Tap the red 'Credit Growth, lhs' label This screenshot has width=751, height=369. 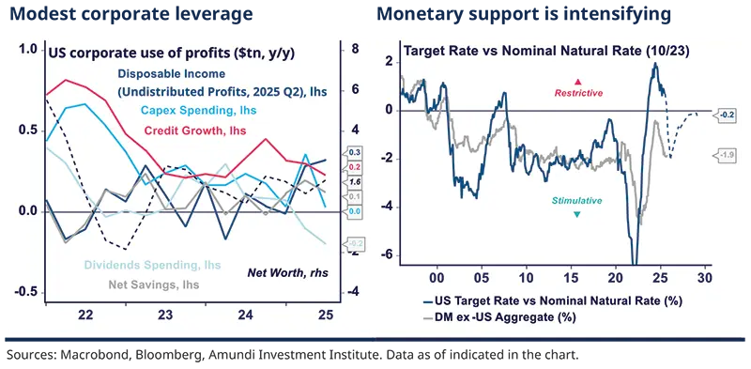coord(194,130)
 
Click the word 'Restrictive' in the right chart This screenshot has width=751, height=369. coord(578,93)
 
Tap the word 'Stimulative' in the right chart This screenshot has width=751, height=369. coord(577,201)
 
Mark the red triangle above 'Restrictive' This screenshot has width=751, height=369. coord(578,82)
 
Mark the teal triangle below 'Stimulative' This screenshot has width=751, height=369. coord(577,214)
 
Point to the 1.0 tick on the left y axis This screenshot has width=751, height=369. coord(29,50)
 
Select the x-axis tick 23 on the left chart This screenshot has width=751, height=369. coord(165,316)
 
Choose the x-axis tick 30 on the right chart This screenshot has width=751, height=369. coord(704,278)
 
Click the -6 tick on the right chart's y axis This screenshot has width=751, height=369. coord(389,255)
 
